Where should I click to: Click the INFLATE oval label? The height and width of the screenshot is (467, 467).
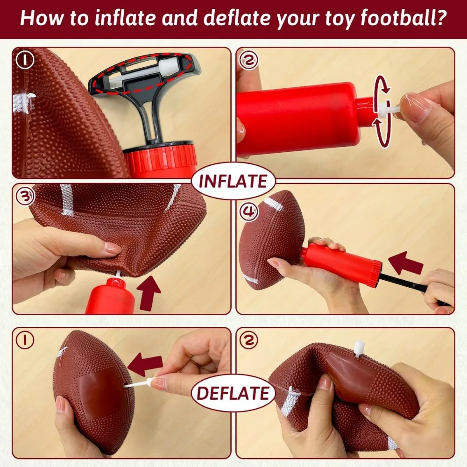(x=233, y=181)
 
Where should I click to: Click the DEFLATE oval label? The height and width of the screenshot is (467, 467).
(x=233, y=393)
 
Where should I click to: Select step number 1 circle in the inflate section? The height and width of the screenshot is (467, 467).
(x=25, y=60)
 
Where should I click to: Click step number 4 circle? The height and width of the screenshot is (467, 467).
(x=248, y=212)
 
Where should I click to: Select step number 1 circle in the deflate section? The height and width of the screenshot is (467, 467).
(x=25, y=340)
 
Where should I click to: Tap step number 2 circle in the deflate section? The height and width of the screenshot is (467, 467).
(x=248, y=340)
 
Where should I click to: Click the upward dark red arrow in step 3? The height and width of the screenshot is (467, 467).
(x=149, y=292)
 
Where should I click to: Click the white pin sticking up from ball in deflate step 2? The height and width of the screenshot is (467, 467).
(x=359, y=348)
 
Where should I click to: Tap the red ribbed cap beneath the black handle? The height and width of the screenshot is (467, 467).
(x=161, y=159)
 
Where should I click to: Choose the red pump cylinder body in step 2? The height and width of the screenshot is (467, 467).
(x=299, y=119)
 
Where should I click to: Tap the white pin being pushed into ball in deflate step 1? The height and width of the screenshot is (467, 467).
(x=138, y=384)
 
